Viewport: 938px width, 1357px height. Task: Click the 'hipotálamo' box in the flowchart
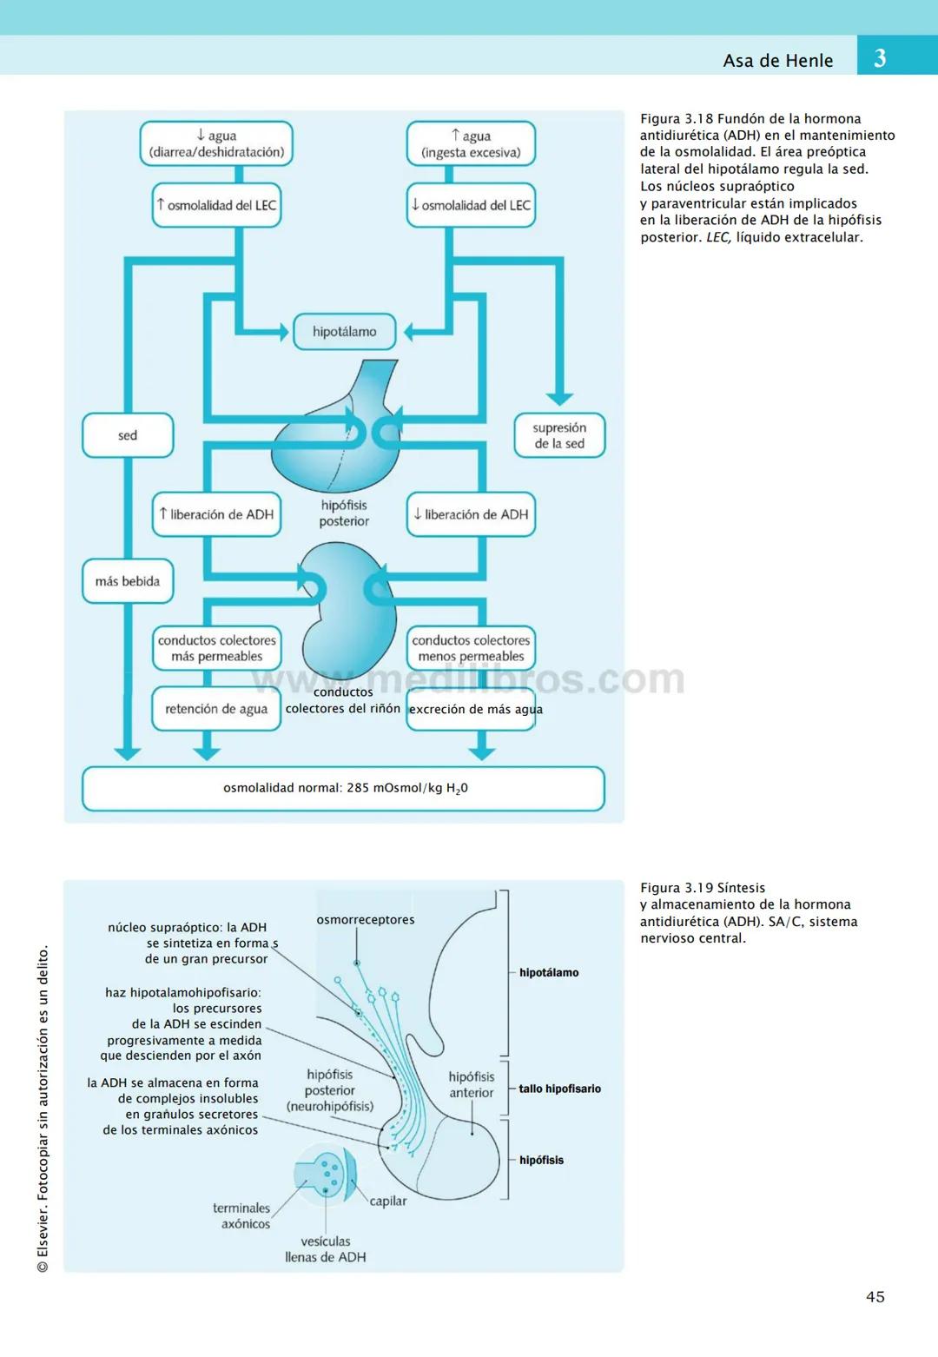coord(344,332)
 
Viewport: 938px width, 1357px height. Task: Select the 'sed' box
coord(128,435)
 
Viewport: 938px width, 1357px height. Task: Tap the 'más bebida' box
coord(128,581)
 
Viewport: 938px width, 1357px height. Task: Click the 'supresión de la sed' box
coord(559,435)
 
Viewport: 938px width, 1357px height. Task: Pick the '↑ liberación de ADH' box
coord(216,514)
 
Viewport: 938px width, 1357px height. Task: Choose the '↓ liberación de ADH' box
coord(471,514)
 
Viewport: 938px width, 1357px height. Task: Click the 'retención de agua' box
coord(216,709)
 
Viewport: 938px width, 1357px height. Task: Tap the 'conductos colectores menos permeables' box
coord(471,648)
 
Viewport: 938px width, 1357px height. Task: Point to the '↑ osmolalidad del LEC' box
coord(216,206)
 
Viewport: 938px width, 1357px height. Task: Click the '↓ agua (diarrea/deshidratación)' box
coord(216,143)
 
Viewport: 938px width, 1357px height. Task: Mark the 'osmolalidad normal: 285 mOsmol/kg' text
coord(345,788)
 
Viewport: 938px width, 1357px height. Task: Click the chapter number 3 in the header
coord(879,58)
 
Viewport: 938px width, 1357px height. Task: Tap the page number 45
coord(875,1296)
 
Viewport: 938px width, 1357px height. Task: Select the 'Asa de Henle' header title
coord(777,61)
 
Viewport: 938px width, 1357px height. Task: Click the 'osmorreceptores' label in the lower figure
coord(365,920)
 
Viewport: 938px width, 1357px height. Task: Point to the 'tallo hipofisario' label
coord(559,1089)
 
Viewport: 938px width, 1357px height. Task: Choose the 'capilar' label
coord(387,1201)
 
